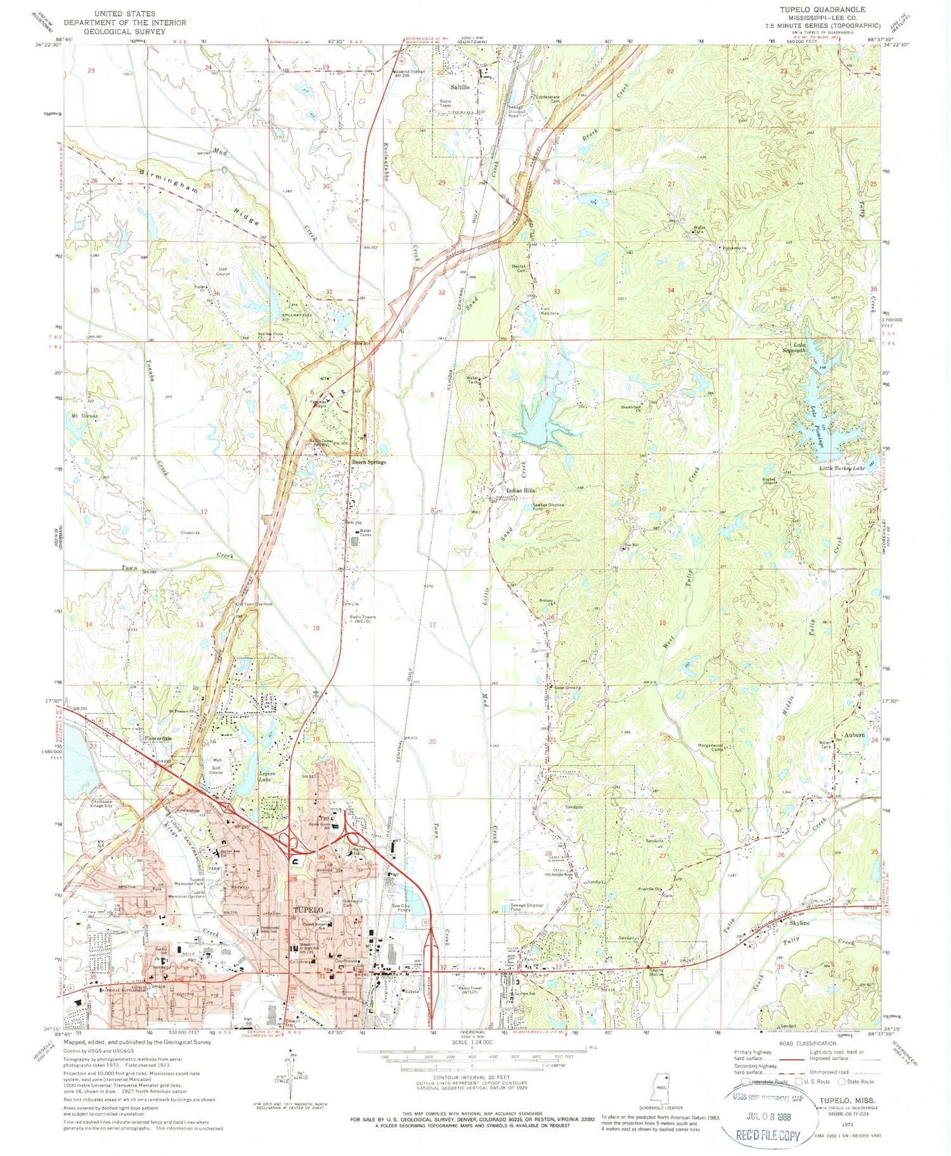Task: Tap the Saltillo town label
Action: [x=460, y=87]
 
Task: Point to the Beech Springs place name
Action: [x=369, y=462]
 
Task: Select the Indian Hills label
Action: [x=521, y=491]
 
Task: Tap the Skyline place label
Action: [x=799, y=923]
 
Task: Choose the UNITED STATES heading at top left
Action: [x=124, y=13]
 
